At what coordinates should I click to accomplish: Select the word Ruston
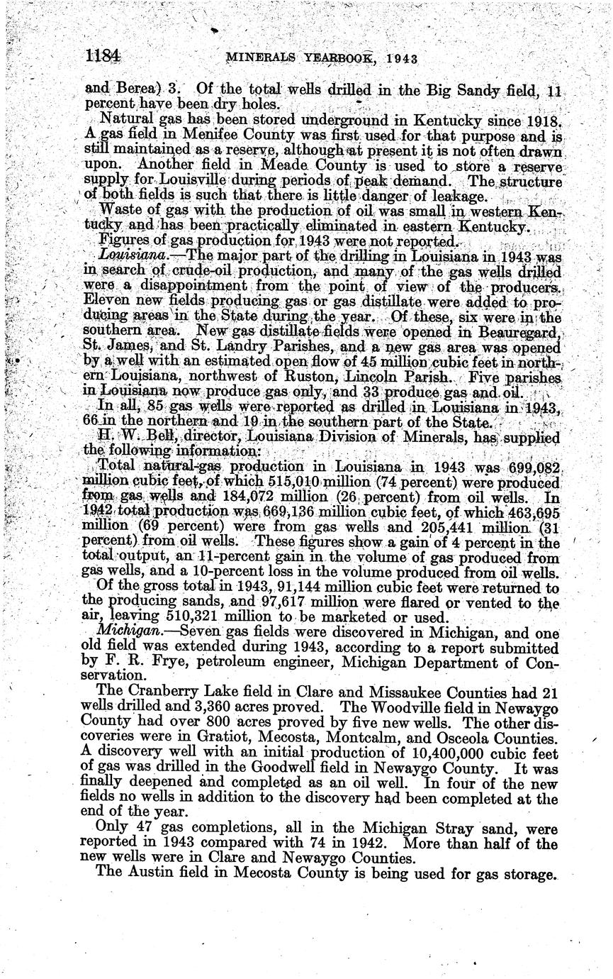pos(312,380)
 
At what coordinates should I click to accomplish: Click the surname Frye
pos(166,660)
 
